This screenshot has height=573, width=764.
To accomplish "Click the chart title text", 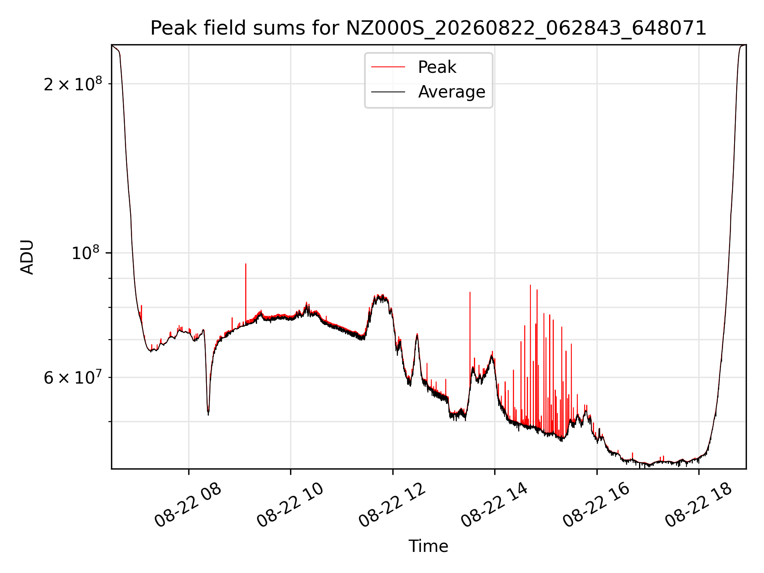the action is [428, 28].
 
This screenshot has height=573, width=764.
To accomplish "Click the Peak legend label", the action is [437, 67].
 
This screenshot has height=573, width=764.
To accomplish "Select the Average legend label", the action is [452, 92].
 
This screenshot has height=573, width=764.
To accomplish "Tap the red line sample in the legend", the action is [388, 67].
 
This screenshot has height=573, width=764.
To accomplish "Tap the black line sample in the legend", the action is [388, 92].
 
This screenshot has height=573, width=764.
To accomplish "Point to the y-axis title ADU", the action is [27, 257].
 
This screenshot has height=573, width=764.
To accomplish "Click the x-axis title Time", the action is [428, 546].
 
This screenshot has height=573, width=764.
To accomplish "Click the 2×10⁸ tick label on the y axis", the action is [73, 84].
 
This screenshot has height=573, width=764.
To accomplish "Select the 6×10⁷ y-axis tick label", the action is [73, 377].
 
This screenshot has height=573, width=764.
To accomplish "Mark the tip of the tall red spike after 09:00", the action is [246, 264].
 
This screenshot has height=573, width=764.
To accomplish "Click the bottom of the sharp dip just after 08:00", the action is [208, 415].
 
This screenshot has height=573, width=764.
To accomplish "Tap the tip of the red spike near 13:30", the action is [470, 292].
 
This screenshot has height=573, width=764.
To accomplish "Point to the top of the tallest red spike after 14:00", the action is [530, 285].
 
